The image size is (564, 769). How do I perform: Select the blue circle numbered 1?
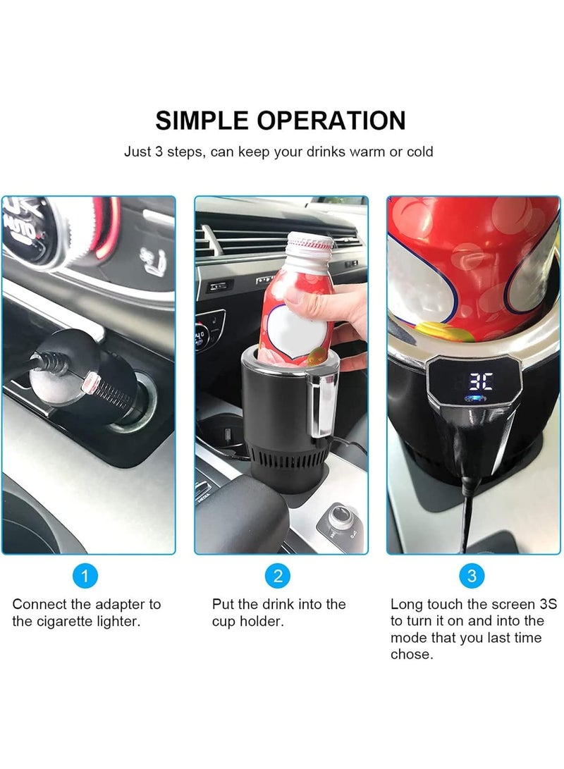pyautogui.click(x=85, y=576)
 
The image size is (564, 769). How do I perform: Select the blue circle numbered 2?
pyautogui.click(x=278, y=576)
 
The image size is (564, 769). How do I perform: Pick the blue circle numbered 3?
pyautogui.click(x=472, y=576)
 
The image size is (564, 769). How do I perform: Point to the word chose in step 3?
pyautogui.click(x=412, y=654)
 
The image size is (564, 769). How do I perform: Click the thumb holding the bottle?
pyautogui.click(x=300, y=296)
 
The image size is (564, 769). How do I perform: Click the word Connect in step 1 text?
pyautogui.click(x=39, y=604)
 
